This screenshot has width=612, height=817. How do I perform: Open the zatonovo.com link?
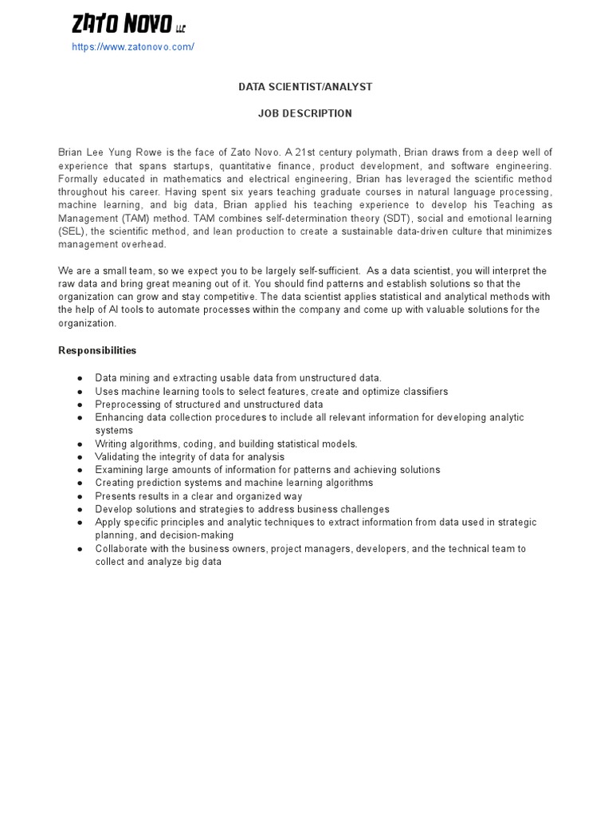(x=133, y=47)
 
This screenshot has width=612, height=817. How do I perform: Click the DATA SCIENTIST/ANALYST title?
(x=305, y=86)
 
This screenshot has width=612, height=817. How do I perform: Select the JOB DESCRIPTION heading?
(x=305, y=113)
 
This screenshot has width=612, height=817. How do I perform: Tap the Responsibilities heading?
(x=97, y=350)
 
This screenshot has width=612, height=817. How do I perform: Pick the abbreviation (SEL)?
(x=71, y=231)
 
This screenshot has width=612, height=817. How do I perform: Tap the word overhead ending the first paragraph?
(x=144, y=245)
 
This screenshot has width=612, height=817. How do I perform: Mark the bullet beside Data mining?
(x=80, y=378)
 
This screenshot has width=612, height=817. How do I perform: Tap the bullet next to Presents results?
(x=80, y=496)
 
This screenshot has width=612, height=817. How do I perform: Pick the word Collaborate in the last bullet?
(x=121, y=549)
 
